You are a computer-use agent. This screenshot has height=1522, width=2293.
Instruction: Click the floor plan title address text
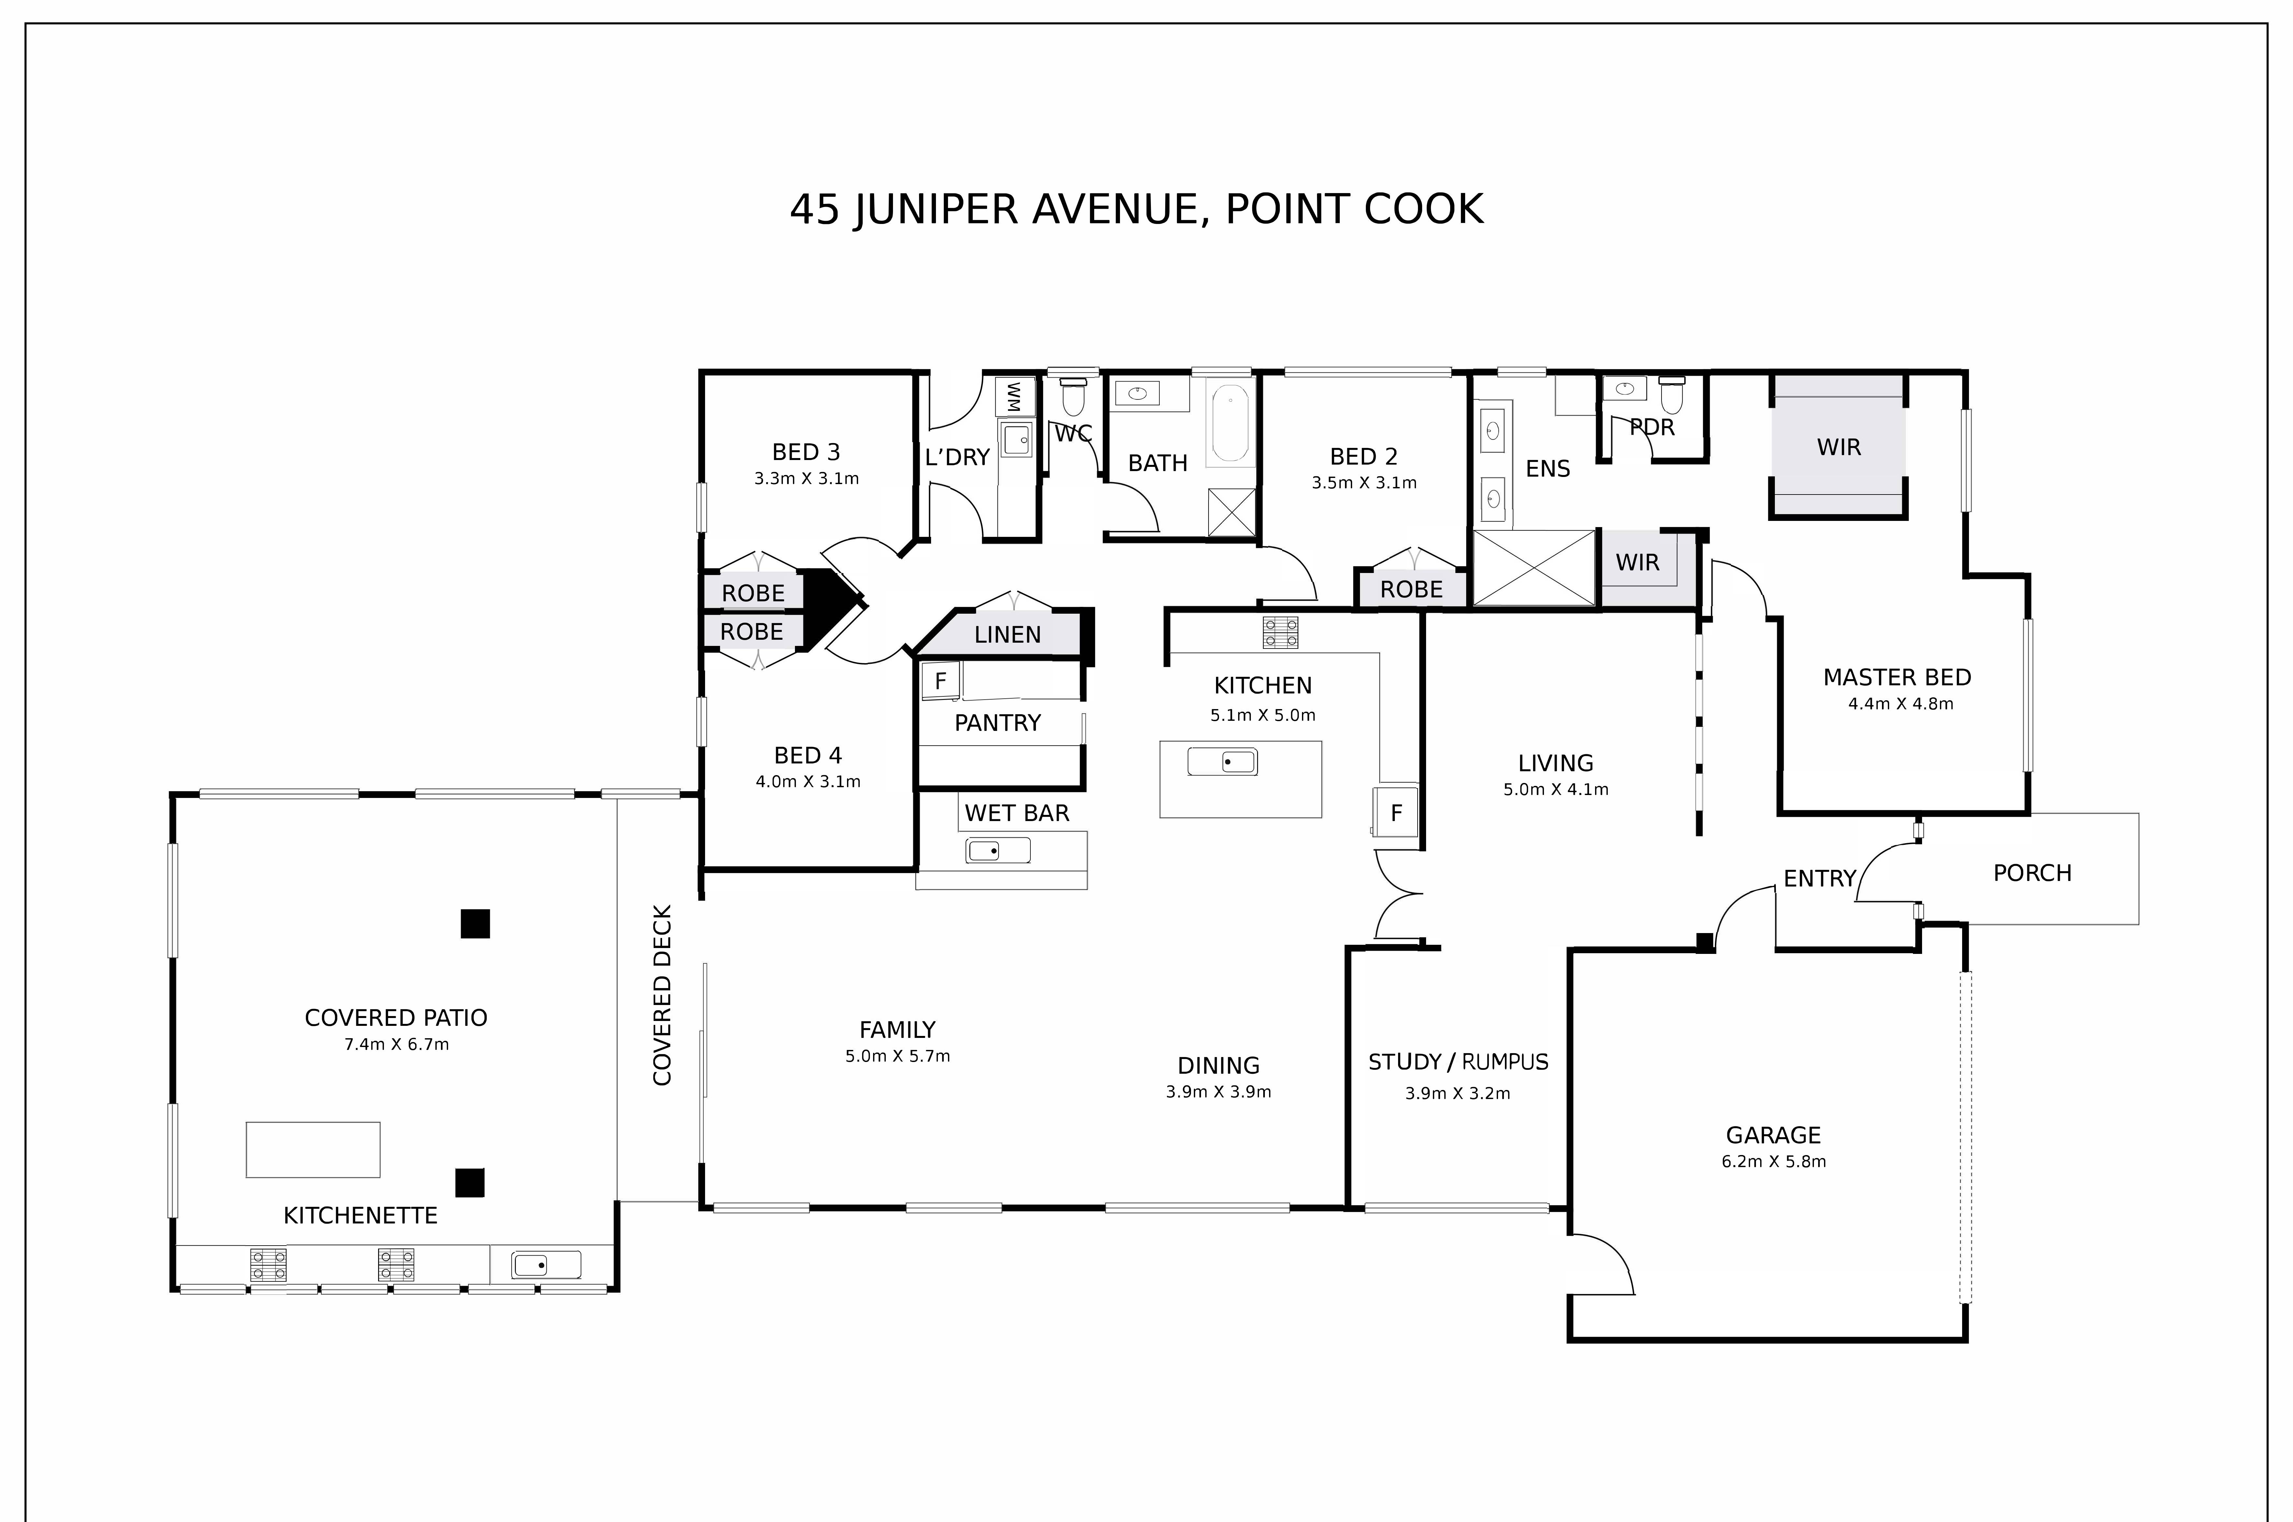click(x=1136, y=210)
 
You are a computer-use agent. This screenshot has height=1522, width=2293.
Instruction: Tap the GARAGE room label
click(x=1773, y=1135)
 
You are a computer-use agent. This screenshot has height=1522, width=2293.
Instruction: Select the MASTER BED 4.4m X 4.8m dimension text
click(x=1900, y=704)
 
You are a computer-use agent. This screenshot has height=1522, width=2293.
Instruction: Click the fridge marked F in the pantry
click(x=940, y=680)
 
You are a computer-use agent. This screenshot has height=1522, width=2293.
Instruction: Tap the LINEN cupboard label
click(x=1007, y=635)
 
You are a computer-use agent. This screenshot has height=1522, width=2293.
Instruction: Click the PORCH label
click(x=2032, y=873)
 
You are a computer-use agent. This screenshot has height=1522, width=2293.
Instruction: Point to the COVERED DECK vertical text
click(x=662, y=995)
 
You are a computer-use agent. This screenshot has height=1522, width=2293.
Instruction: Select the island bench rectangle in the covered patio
click(x=313, y=1149)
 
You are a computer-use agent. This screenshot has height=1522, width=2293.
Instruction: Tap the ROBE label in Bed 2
click(x=1410, y=589)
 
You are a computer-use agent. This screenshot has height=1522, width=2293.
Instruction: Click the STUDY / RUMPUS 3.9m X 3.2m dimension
click(x=1457, y=1093)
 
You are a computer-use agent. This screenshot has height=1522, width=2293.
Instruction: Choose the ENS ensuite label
click(x=1548, y=469)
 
